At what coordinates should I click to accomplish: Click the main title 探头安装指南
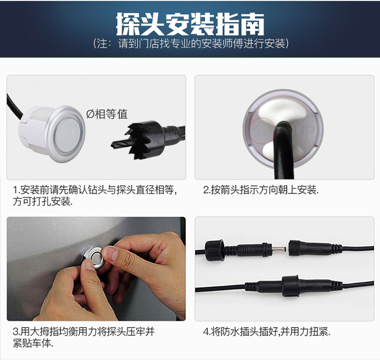[x=190, y=24]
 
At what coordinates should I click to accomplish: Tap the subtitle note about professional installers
[x=191, y=44]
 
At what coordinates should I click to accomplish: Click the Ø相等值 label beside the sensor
[x=107, y=114]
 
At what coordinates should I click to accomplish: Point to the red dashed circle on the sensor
[x=262, y=131]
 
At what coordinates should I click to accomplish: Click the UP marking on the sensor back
[x=306, y=132]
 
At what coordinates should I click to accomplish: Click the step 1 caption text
[x=95, y=195]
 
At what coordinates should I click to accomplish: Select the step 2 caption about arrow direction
[x=261, y=190]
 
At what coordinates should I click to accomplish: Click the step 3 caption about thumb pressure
[x=84, y=337]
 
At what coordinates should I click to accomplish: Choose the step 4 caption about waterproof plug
[x=267, y=332]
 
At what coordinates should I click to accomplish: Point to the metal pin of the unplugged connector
[x=279, y=249]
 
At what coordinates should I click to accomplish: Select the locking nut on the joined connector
[x=290, y=286]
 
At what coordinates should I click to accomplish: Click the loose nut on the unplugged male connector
[x=214, y=250]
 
